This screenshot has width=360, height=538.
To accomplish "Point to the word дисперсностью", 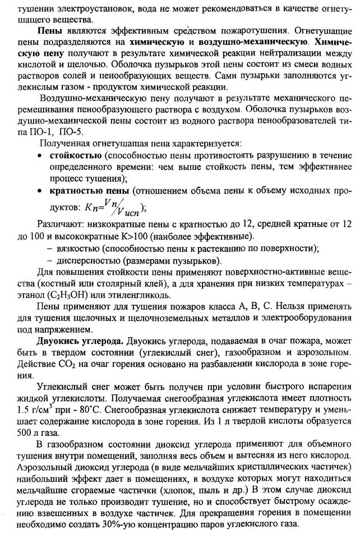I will coord(84,261).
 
